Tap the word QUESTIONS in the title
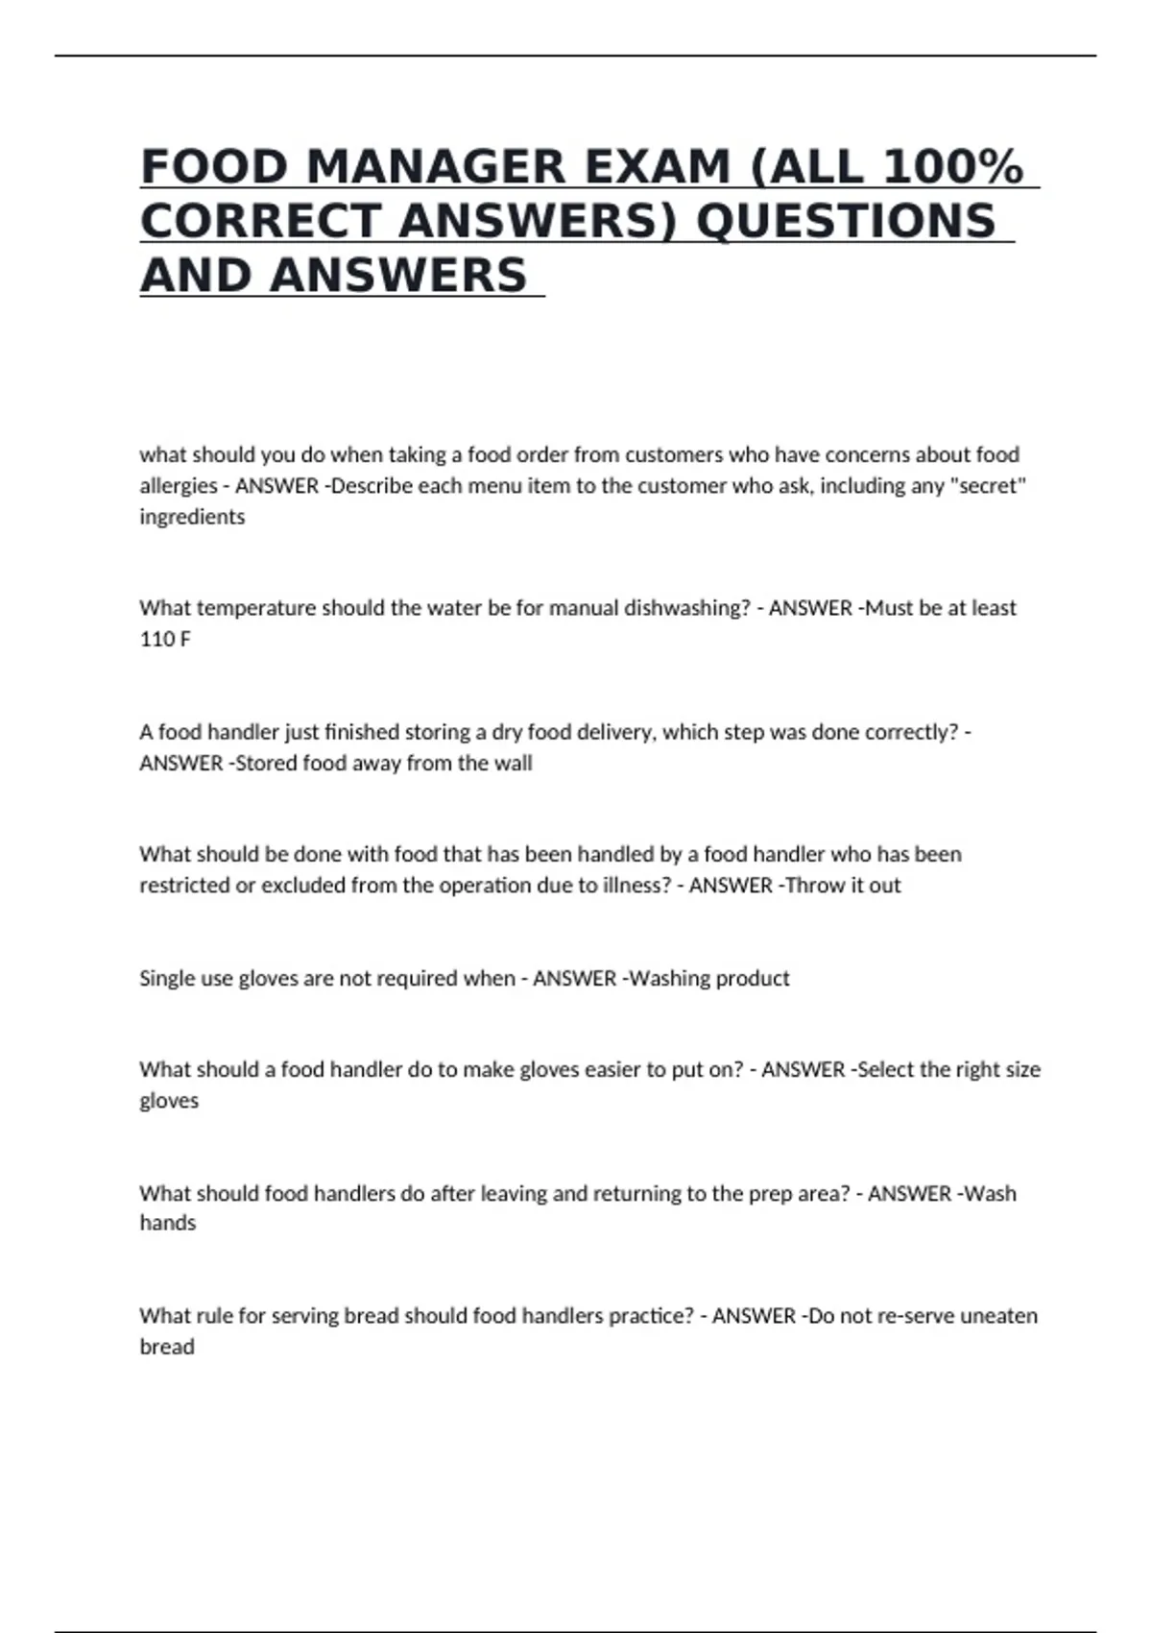[x=846, y=221]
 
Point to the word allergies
[x=178, y=486]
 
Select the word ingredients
[x=192, y=517]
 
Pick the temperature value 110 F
[x=164, y=639]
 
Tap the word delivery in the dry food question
[x=617, y=732]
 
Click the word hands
[x=168, y=1223]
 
